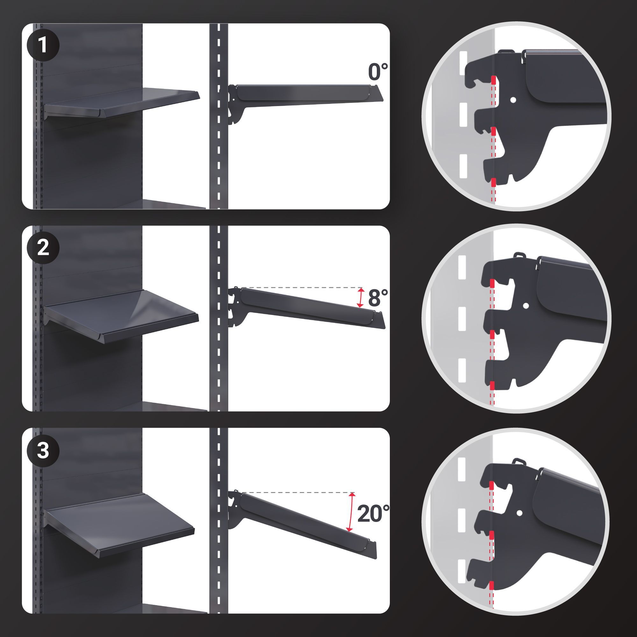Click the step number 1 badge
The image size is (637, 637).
[x=43, y=45]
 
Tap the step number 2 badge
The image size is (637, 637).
[x=43, y=247]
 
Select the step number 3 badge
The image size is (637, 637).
[x=43, y=450]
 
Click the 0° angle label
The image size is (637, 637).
[x=378, y=72]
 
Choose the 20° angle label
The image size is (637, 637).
[x=373, y=513]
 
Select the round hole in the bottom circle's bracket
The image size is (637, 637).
[x=519, y=513]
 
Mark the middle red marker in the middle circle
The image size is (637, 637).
[x=492, y=335]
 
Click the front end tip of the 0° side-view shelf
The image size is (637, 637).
[x=384, y=101]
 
